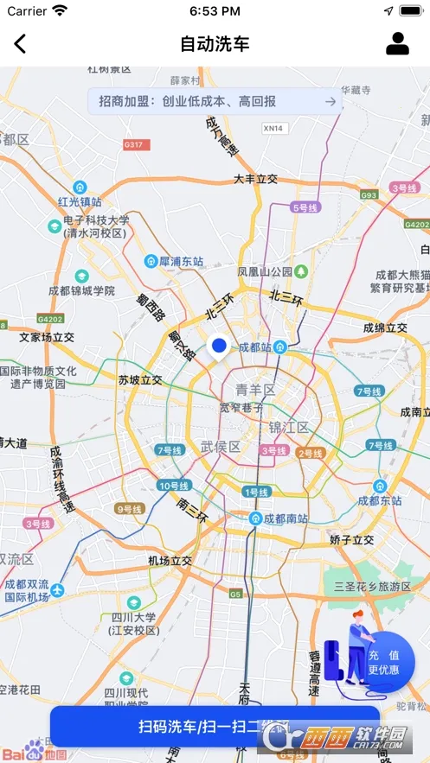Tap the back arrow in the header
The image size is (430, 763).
[20, 43]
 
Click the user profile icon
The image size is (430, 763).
[397, 43]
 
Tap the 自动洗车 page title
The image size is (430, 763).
[215, 43]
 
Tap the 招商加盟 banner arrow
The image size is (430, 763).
[330, 101]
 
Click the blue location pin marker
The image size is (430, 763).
[219, 347]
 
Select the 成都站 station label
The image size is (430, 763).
[254, 347]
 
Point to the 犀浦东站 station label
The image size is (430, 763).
[181, 260]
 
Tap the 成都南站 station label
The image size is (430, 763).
[286, 518]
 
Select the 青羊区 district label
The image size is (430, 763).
[256, 390]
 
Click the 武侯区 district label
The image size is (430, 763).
[220, 446]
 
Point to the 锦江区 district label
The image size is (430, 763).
[289, 427]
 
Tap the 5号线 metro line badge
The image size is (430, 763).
[305, 207]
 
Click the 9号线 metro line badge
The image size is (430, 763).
[129, 509]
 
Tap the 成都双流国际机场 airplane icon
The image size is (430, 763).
[57, 590]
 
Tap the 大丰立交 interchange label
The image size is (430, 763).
[255, 179]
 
